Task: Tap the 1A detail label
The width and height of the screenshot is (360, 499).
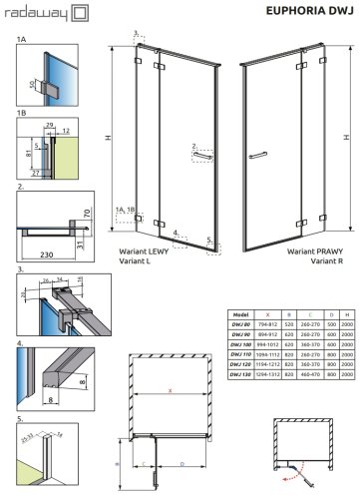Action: tap(22, 41)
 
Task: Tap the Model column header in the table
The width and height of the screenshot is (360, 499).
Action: tap(238, 285)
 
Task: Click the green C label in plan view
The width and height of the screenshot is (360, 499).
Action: tap(149, 464)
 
